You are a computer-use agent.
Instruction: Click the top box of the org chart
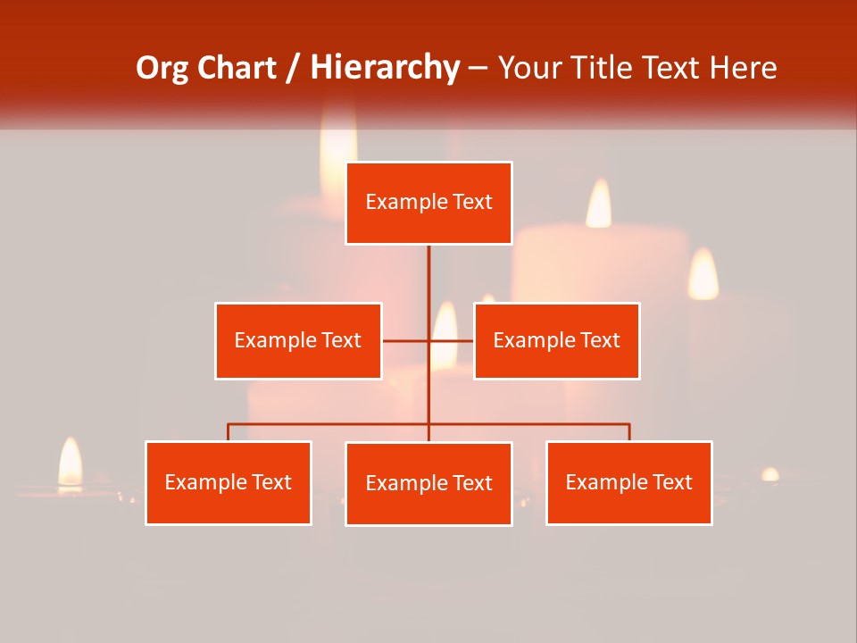coord(428,203)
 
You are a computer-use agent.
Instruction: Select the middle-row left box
coord(298,340)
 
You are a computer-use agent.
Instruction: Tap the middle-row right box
coord(556,340)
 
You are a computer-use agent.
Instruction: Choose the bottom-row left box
coord(229,482)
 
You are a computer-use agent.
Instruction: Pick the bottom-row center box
coord(428,483)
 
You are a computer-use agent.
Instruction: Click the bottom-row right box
coord(628,482)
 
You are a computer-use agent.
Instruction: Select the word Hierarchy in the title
coord(385,68)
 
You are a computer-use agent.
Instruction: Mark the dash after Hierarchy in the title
coord(478,68)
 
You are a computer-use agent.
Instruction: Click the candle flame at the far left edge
coord(70,463)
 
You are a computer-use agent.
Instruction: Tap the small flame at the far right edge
coord(770,474)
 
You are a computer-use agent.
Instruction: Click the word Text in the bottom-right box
coord(672,482)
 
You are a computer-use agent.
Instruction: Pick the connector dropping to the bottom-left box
coord(229,432)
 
